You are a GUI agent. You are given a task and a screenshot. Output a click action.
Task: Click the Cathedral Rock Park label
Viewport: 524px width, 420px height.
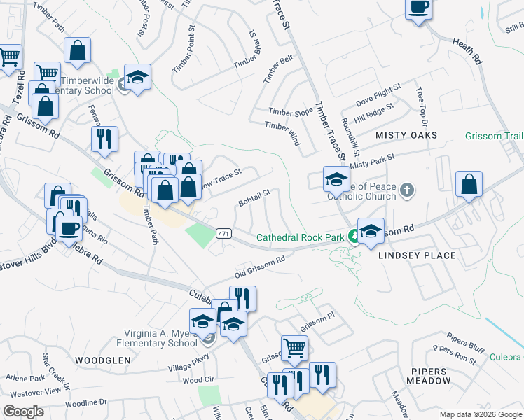(300, 238)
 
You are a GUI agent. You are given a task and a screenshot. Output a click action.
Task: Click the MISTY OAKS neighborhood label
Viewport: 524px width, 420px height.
(406, 134)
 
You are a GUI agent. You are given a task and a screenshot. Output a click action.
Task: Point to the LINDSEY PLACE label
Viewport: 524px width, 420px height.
(417, 255)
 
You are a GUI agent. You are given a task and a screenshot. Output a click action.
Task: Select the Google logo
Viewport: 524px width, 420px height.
(23, 412)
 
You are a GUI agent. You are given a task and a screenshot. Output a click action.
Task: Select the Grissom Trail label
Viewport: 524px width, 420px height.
(493, 135)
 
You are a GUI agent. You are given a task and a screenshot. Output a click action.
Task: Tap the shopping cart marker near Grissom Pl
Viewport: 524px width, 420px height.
(295, 348)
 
